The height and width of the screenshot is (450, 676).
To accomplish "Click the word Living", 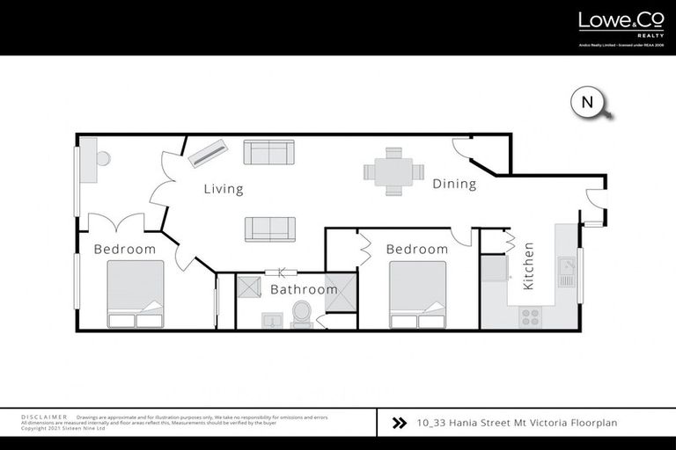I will click(224, 189).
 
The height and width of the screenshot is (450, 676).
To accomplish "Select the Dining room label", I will click(454, 185).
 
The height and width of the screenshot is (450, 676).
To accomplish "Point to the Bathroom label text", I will click(304, 289).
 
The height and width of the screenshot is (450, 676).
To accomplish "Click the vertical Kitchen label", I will click(529, 266).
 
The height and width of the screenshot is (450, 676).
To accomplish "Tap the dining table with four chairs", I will click(393, 171).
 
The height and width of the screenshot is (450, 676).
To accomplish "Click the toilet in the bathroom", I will click(301, 313).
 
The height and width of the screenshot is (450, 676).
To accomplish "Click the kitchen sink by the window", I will click(567, 272).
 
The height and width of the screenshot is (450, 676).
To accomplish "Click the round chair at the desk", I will click(103, 159).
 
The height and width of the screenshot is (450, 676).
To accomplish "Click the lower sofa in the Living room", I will click(269, 228).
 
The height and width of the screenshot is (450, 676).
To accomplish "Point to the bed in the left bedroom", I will click(136, 294).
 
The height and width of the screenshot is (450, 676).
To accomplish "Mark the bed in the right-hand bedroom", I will click(417, 294).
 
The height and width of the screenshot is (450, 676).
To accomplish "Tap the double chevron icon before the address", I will click(398, 423).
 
